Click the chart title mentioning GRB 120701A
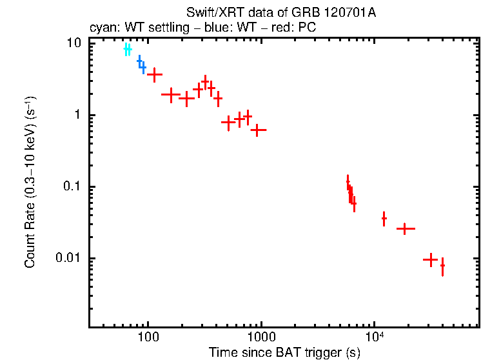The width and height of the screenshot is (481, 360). [280, 12]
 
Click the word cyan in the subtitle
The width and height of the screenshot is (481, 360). [101, 28]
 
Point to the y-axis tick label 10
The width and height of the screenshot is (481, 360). [73, 43]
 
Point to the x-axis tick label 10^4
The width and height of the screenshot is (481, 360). [375, 337]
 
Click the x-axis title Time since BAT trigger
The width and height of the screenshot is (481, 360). [284, 352]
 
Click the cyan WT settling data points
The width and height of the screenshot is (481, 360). [128, 49]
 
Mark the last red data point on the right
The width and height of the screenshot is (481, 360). [442, 265]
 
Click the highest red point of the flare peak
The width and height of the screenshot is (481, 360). [206, 82]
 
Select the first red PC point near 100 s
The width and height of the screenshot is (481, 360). [155, 75]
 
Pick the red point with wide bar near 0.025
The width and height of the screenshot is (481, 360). [405, 228]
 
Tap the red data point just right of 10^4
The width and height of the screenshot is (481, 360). [384, 219]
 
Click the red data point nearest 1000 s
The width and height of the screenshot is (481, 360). [259, 130]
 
